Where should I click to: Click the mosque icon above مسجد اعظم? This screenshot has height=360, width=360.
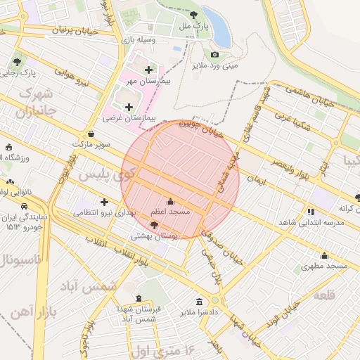(x=169, y=201)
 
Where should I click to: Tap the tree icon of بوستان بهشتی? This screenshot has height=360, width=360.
(x=154, y=224)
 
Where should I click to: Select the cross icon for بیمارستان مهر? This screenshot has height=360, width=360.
(x=148, y=70)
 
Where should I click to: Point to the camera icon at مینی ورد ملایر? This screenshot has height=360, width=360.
(x=214, y=55)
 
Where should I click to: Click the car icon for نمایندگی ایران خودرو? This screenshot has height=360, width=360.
(x=25, y=207)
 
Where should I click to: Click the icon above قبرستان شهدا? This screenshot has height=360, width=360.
(x=139, y=298)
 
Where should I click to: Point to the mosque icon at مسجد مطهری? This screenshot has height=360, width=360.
(x=324, y=255)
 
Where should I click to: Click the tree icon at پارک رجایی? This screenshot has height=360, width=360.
(x=16, y=62)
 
